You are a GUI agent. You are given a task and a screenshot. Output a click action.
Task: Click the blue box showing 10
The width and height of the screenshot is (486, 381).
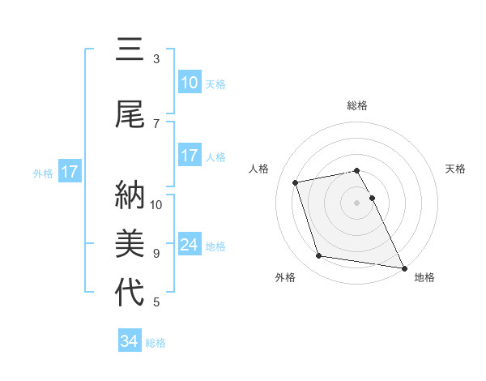click(189, 83)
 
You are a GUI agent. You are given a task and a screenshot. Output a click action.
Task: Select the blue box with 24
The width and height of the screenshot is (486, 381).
click(189, 245)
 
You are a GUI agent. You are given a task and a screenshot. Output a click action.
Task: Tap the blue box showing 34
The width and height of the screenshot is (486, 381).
click(130, 341)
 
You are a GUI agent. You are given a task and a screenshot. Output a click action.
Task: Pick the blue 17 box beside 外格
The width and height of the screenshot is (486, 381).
click(69, 172)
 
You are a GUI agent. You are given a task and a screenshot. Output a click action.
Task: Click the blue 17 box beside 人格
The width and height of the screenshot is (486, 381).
click(189, 156)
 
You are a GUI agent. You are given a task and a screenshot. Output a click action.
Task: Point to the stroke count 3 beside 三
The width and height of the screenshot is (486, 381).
click(156, 59)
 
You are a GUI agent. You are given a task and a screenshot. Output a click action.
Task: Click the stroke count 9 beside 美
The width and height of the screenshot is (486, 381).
click(156, 254)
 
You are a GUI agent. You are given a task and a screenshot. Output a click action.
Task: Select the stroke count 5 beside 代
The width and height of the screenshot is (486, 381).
click(156, 302)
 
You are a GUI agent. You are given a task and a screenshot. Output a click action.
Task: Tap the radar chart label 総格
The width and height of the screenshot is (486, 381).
click(357, 105)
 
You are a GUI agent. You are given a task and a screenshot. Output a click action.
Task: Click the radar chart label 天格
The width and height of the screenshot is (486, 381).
click(456, 169)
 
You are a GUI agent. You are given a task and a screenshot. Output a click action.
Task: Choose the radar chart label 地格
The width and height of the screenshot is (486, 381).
click(424, 277)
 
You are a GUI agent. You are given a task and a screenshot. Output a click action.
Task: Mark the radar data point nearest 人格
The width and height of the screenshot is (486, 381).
click(296, 182)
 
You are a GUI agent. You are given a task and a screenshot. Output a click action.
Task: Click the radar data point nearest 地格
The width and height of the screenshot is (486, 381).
click(404, 268)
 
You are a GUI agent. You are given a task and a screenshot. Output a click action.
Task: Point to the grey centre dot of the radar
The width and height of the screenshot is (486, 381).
click(357, 202)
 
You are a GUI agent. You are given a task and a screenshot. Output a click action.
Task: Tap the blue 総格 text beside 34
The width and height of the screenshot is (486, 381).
click(156, 343)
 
